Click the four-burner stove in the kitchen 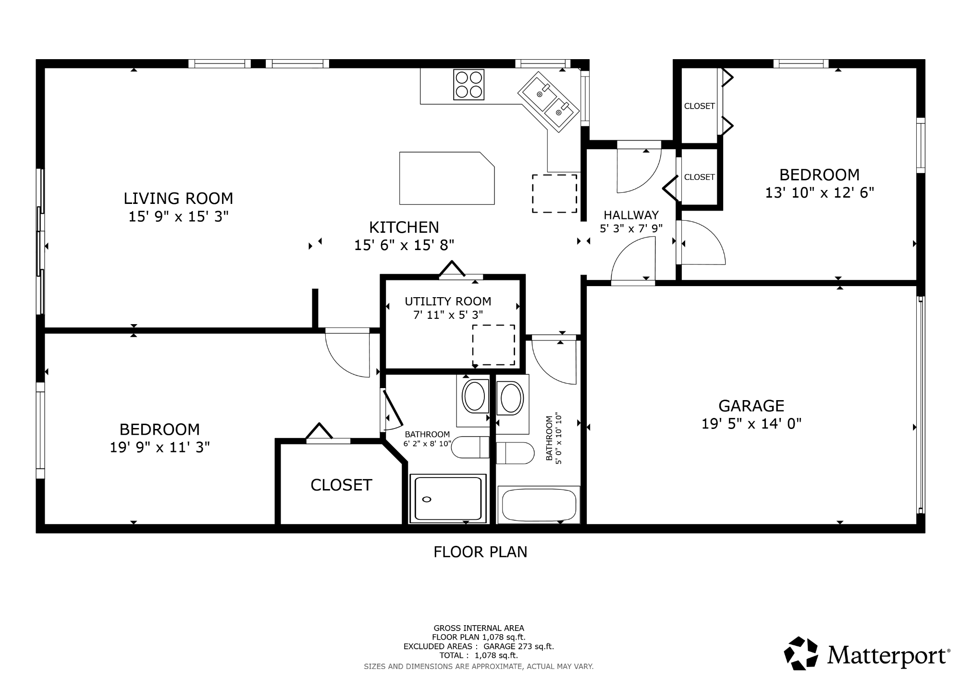468,85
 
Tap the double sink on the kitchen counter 547,102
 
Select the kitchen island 447,178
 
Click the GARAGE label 752,406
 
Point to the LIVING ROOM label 178,198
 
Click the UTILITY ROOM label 448,302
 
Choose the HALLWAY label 631,215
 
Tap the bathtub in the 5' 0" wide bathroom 539,504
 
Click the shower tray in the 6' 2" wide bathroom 448,499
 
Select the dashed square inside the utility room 493,345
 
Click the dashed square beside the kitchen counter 554,193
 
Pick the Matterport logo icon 801,653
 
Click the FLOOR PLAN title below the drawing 480,552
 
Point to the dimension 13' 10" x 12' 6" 819,193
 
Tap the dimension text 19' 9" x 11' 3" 160,448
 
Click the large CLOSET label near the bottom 341,485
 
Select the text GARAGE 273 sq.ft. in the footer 518,646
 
